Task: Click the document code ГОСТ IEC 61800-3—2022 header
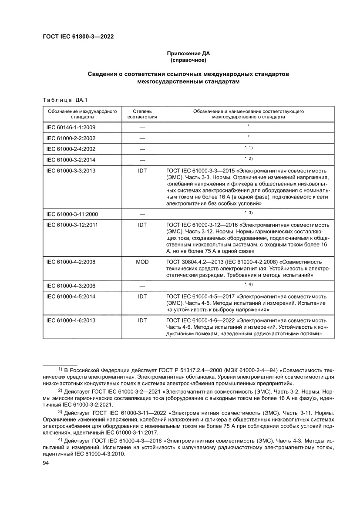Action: pos(78,37)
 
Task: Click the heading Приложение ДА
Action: pos(188,54)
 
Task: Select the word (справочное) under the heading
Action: pos(188,60)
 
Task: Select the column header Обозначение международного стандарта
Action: pos(82,114)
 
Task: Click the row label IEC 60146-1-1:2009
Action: pos(71,128)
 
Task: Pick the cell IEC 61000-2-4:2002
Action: pos(71,149)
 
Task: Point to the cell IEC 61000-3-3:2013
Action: pos(71,170)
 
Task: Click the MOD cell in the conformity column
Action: pos(142,262)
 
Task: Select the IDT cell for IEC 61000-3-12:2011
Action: pos(142,225)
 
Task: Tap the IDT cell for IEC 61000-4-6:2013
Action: pos(142,320)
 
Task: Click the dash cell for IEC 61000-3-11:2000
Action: pos(142,215)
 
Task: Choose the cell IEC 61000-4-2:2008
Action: pos(71,262)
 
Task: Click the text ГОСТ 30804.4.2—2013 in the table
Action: pos(193,262)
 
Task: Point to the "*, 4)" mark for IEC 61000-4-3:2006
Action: pos(248,284)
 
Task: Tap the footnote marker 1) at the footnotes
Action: pos(61,369)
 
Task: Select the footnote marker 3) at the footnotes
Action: pos(61,411)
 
